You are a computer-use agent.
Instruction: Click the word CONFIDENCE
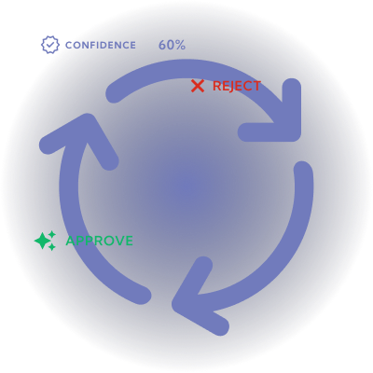tap(101, 46)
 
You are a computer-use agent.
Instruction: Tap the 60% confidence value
tap(172, 46)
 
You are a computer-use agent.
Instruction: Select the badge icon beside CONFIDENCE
tap(50, 45)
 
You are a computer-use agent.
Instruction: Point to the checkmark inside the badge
tap(50, 45)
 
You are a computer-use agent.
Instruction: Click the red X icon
tap(198, 86)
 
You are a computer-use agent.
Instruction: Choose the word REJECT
tap(236, 86)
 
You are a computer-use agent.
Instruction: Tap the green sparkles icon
tap(45, 241)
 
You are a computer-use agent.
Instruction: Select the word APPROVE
tap(100, 241)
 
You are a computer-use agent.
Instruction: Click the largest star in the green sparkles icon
tap(42, 241)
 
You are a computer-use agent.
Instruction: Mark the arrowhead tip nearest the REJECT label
tap(292, 132)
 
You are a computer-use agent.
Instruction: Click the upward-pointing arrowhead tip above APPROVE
tap(88, 122)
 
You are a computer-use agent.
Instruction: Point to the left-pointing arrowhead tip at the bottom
tap(180, 304)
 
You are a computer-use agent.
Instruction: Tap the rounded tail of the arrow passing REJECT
tap(115, 93)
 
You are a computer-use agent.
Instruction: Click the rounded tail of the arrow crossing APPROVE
tap(142, 296)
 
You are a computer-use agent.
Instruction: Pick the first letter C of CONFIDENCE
tap(69, 46)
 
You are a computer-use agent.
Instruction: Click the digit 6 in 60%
tap(162, 46)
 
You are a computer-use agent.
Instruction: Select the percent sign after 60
tap(181, 46)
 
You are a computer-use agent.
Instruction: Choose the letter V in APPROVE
tap(118, 241)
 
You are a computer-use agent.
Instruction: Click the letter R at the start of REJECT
tap(216, 86)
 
